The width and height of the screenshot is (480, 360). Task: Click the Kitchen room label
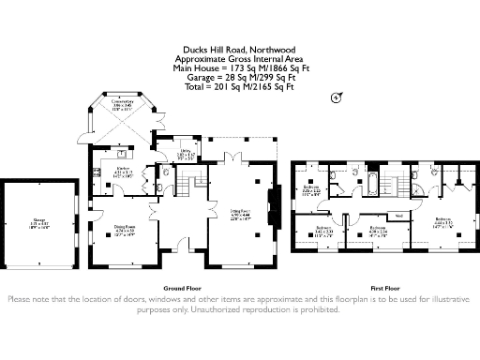tap(122, 172)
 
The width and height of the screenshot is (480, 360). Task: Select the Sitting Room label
tap(242, 214)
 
